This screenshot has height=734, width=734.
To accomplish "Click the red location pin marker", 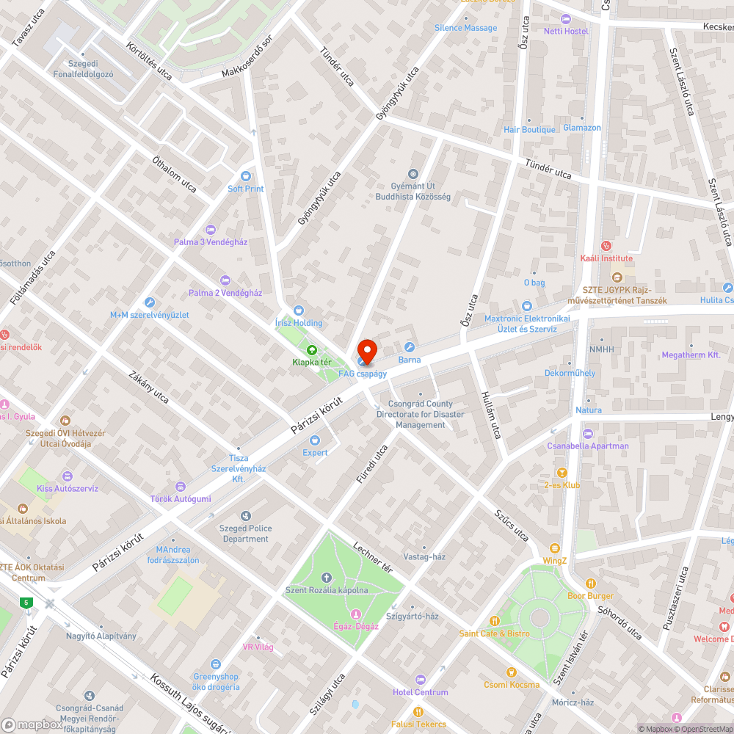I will click(366, 351).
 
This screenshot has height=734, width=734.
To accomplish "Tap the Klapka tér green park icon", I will click(311, 350).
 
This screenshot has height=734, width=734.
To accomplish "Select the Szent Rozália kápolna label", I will click(327, 590).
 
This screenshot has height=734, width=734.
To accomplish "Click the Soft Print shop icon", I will click(245, 176).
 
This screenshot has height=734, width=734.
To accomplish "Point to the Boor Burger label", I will click(590, 596).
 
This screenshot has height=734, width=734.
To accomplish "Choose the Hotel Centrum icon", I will click(420, 680).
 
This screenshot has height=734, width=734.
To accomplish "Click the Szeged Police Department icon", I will click(245, 516).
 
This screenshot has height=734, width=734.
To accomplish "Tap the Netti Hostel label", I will click(566, 31).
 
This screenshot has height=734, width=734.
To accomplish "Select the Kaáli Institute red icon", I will click(606, 246).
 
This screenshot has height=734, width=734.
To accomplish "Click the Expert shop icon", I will click(315, 440).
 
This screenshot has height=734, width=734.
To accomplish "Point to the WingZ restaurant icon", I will click(555, 548).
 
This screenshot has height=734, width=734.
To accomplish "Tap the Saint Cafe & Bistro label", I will click(494, 633).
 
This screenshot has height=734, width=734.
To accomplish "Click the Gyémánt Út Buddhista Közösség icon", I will click(413, 174).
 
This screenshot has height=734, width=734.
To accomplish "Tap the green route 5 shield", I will click(27, 603).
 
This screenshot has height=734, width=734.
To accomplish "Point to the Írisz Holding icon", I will click(298, 310).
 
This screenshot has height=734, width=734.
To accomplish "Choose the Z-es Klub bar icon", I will click(562, 473).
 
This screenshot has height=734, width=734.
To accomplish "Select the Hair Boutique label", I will click(529, 130).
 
